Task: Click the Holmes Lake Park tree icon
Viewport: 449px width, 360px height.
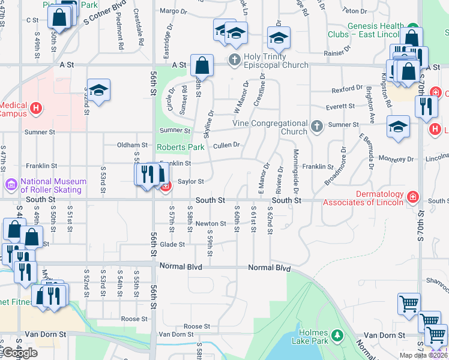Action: coord(337,334)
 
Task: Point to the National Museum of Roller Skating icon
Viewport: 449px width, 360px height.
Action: coord(11,182)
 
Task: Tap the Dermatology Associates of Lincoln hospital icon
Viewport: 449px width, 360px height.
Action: coord(412,197)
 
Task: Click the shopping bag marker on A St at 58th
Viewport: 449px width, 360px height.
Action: coord(202,65)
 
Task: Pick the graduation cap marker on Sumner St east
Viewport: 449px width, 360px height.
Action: coord(397,127)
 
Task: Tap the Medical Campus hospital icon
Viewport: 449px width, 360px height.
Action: coord(36,109)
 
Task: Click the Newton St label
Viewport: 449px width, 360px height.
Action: coord(210,224)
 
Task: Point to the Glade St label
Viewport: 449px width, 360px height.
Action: coord(172,244)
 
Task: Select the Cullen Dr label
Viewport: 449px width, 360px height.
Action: coord(226,145)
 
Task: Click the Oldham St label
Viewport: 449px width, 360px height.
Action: coord(132,145)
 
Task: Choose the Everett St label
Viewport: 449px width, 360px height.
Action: coord(340,106)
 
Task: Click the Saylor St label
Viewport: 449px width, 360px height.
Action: coord(191,181)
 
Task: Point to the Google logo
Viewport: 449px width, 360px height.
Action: coord(20,353)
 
